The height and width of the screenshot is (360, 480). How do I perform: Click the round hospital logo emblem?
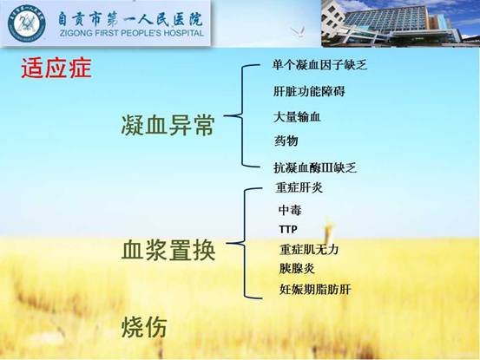pyautogui.click(x=27, y=23)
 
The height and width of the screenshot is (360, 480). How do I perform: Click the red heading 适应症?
pyautogui.click(x=56, y=69)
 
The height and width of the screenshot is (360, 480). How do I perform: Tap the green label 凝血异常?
pyautogui.click(x=168, y=126)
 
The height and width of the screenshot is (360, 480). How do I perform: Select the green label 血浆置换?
pyautogui.click(x=168, y=250)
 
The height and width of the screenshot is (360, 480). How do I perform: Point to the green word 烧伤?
pyautogui.click(x=144, y=327)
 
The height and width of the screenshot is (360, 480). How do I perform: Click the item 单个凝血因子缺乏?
pyautogui.click(x=320, y=65)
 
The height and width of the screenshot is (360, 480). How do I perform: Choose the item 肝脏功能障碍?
pyautogui.click(x=309, y=91)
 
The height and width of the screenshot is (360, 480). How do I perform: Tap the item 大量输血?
pyautogui.click(x=297, y=117)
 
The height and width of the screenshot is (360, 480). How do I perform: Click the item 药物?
pyautogui.click(x=286, y=141)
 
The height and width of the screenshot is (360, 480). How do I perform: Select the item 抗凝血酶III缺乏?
pyautogui.click(x=315, y=167)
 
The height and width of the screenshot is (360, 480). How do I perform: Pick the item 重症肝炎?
pyautogui.click(x=299, y=187)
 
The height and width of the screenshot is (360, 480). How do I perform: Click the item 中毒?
pyautogui.click(x=290, y=210)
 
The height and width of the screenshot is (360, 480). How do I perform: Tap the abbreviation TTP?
pyautogui.click(x=288, y=229)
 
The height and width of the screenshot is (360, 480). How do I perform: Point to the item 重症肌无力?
pyautogui.click(x=309, y=250)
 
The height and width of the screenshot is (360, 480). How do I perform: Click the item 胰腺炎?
pyautogui.click(x=297, y=269)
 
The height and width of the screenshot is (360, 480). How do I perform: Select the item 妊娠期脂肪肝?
pyautogui.click(x=315, y=289)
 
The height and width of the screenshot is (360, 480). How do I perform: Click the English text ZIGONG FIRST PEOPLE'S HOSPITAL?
pyautogui.click(x=132, y=33)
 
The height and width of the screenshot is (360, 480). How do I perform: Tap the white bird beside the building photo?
pyautogui.click(x=298, y=31)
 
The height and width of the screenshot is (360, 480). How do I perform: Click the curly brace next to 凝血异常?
pyautogui.click(x=243, y=116)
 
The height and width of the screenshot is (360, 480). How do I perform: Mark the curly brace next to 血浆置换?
pyautogui.click(x=245, y=244)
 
